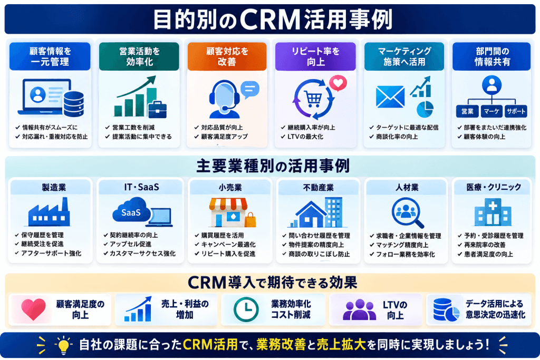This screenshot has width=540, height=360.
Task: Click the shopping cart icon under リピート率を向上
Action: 313,100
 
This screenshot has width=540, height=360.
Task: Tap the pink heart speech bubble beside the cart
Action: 338,83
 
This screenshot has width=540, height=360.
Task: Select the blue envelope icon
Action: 390,96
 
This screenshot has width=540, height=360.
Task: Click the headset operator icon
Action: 225,99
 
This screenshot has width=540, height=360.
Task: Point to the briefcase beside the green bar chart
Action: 157,109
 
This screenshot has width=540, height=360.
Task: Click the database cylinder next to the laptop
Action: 74,104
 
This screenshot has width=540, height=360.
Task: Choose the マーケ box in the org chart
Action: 491,111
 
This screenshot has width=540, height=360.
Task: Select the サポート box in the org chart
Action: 516,111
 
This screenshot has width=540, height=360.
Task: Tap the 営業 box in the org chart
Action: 467,111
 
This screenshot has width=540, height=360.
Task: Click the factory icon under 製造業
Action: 49,212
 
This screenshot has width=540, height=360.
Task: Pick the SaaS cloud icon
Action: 131,210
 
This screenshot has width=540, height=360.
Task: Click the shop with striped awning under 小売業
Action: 228,212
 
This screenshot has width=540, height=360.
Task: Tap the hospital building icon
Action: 493,212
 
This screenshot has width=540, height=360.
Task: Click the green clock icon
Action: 246,309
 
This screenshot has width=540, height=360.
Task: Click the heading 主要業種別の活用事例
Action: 273,166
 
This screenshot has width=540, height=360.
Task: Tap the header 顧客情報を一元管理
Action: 50,56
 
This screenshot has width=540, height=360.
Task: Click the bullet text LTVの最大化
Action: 305,137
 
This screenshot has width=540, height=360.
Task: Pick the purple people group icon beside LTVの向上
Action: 360,309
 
